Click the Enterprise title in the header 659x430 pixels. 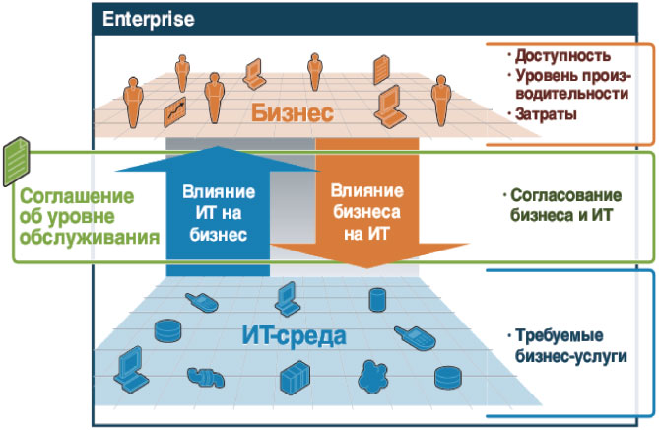click(148, 19)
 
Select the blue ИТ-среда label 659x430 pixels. click(295, 335)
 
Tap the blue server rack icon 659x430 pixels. click(294, 378)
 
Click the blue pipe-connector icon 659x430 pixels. click(205, 377)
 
